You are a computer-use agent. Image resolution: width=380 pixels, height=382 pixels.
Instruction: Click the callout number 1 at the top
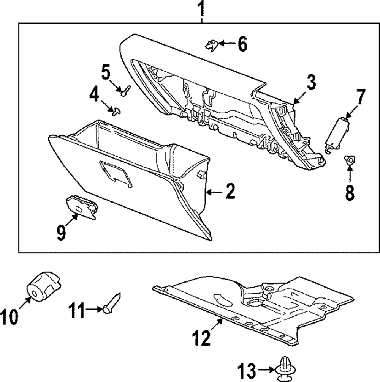[202, 9]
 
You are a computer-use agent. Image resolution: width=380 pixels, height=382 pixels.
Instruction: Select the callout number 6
[242, 45]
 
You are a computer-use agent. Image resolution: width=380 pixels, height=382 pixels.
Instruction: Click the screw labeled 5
[125, 90]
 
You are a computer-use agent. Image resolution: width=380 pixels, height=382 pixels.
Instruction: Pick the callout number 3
[311, 83]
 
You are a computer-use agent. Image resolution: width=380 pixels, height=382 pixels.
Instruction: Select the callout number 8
[349, 192]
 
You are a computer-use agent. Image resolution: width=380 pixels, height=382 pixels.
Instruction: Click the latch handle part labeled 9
[81, 206]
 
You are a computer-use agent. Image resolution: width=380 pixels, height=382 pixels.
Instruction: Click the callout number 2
[230, 192]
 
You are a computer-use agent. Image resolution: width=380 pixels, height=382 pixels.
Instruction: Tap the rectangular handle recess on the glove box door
[116, 174]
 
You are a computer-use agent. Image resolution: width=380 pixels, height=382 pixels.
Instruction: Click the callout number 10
[9, 317]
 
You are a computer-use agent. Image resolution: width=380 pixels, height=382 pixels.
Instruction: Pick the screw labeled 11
[111, 304]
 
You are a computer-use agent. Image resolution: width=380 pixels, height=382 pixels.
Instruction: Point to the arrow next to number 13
[265, 368]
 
